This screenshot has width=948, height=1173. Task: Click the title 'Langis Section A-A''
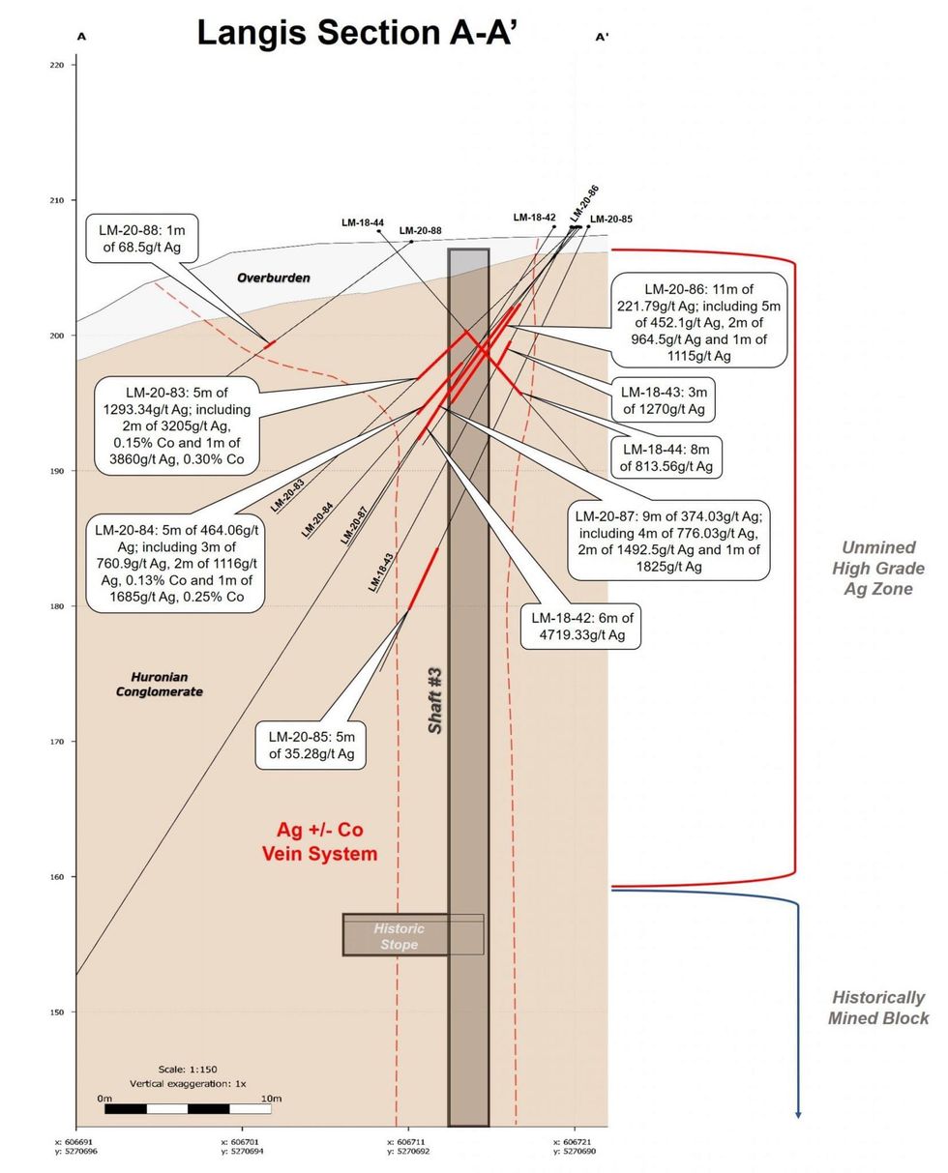(x=357, y=32)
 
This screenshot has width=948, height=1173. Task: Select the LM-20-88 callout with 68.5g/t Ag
(x=142, y=239)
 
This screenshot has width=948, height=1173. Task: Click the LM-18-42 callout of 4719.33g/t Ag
(x=579, y=627)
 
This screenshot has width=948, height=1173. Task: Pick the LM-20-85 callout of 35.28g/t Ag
(x=311, y=745)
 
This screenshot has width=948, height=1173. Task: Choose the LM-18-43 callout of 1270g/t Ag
(x=665, y=400)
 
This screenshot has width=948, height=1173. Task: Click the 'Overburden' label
(x=274, y=279)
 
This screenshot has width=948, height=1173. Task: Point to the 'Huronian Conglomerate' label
(x=160, y=685)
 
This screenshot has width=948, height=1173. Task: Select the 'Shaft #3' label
(x=435, y=699)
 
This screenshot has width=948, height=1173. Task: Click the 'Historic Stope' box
(x=399, y=935)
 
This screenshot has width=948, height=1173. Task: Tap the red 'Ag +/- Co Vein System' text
(x=319, y=841)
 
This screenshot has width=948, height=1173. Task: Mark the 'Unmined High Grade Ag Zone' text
(x=877, y=568)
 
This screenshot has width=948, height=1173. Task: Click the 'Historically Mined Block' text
(x=877, y=1007)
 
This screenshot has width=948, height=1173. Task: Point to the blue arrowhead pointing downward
(x=798, y=1115)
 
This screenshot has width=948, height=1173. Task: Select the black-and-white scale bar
(x=188, y=1108)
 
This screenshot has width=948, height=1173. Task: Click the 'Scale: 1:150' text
(x=187, y=1070)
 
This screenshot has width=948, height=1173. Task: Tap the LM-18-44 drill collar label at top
(x=363, y=222)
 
